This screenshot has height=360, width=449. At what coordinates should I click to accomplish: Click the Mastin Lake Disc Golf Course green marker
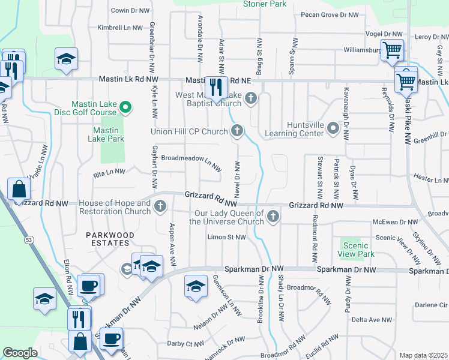[x=125, y=107]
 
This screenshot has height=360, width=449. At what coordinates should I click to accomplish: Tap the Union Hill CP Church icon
[x=238, y=131]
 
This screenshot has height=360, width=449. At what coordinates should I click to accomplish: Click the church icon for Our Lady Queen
[x=273, y=216]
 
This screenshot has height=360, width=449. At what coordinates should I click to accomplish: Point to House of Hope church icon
[x=160, y=207]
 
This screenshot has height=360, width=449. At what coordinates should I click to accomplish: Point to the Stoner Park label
[x=264, y=4]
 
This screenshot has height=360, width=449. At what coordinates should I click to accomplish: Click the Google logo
[x=20, y=353]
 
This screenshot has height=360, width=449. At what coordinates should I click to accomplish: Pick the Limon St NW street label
[x=226, y=238]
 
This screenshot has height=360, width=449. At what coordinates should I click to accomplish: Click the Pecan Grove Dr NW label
[x=329, y=14]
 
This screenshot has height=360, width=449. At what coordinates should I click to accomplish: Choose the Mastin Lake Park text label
[x=109, y=134]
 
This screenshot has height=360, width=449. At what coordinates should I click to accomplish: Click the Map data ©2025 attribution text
[x=424, y=356]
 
